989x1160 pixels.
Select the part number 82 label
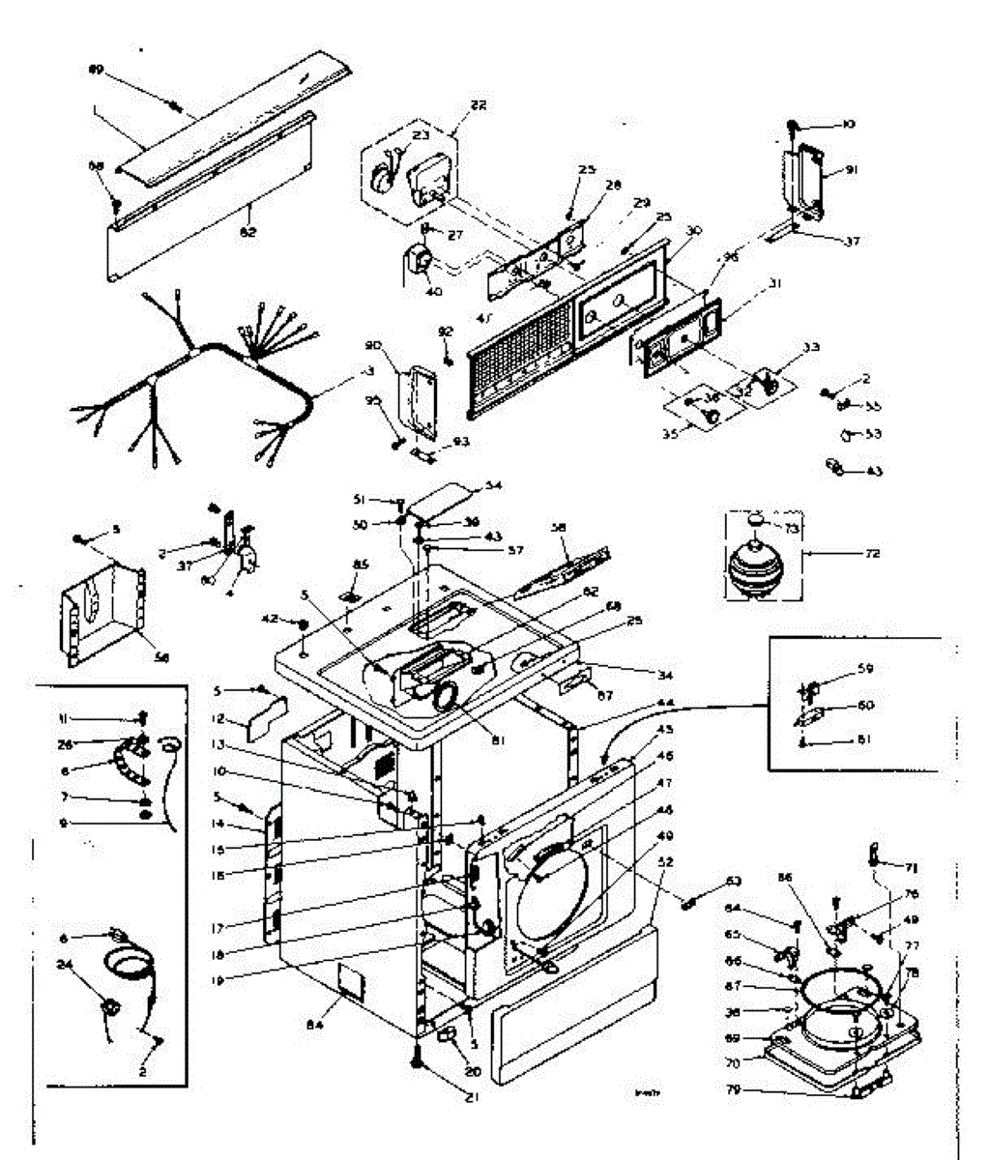[248, 232]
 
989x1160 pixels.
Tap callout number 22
[479, 104]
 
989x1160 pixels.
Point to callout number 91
[852, 170]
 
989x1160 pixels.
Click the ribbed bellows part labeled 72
[758, 565]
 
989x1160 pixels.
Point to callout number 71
[911, 867]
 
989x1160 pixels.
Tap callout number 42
[272, 618]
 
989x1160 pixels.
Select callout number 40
[434, 292]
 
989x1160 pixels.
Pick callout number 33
[811, 348]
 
